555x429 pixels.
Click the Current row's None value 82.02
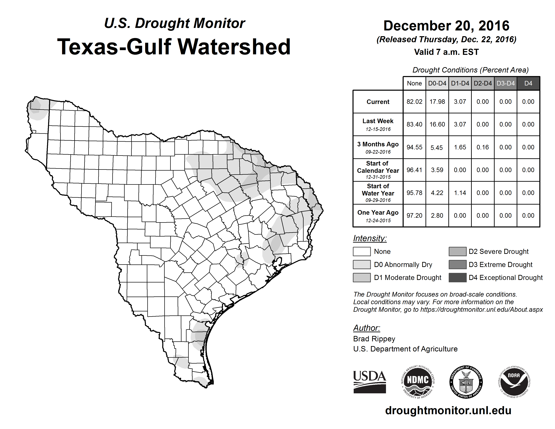(x=414, y=102)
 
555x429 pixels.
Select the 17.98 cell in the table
(x=437, y=102)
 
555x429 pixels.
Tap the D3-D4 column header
(x=505, y=83)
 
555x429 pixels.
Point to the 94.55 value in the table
(x=414, y=147)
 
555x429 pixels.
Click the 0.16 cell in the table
(x=483, y=147)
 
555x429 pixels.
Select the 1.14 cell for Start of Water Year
(x=460, y=193)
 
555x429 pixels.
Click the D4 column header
(x=528, y=83)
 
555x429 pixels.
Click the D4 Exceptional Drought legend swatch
(x=457, y=278)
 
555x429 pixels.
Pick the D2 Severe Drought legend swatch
(x=457, y=251)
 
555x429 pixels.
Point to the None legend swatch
(x=362, y=251)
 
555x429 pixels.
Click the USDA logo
(x=369, y=382)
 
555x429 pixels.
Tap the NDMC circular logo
(x=418, y=382)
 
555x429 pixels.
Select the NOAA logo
(x=514, y=382)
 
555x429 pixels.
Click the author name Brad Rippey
(x=374, y=339)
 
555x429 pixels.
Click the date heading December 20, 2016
(x=446, y=26)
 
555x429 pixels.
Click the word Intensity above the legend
(x=370, y=238)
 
